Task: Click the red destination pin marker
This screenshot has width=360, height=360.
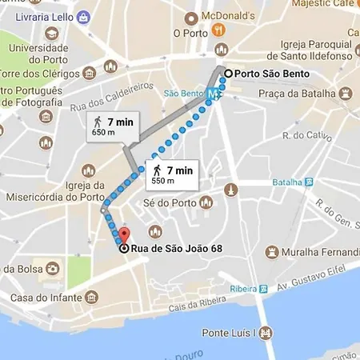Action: coord(122,236)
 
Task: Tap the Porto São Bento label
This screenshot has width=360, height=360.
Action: coord(270,74)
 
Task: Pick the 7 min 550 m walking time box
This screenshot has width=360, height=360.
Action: coord(170,174)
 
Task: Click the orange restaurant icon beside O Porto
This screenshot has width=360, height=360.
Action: coord(218,32)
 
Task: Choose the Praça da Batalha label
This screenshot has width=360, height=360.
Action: coord(306,94)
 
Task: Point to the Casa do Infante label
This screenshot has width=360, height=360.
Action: coord(46,298)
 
